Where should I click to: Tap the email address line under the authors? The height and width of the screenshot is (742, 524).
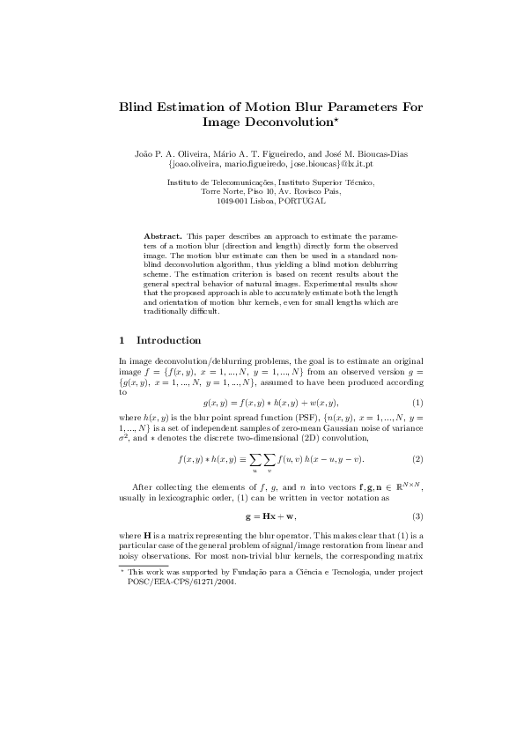(270, 164)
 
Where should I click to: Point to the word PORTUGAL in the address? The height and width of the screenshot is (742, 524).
(302, 201)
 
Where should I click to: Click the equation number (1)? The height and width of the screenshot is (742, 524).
(418, 403)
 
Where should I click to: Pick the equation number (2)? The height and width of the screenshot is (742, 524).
(418, 459)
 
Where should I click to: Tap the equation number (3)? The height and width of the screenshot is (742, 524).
(418, 516)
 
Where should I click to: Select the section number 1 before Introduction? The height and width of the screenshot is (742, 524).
(122, 341)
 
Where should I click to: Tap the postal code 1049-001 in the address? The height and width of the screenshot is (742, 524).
(232, 201)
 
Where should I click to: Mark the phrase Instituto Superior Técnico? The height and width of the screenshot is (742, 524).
(332, 182)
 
